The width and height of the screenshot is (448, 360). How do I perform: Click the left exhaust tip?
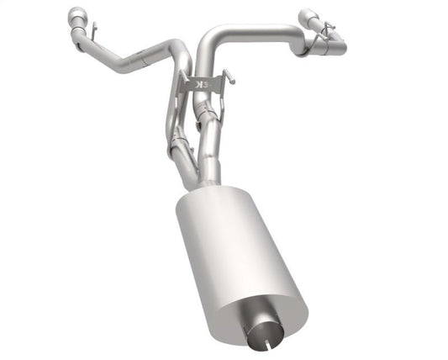coord(77,16)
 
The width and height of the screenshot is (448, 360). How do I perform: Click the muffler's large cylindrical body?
coord(235,252)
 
